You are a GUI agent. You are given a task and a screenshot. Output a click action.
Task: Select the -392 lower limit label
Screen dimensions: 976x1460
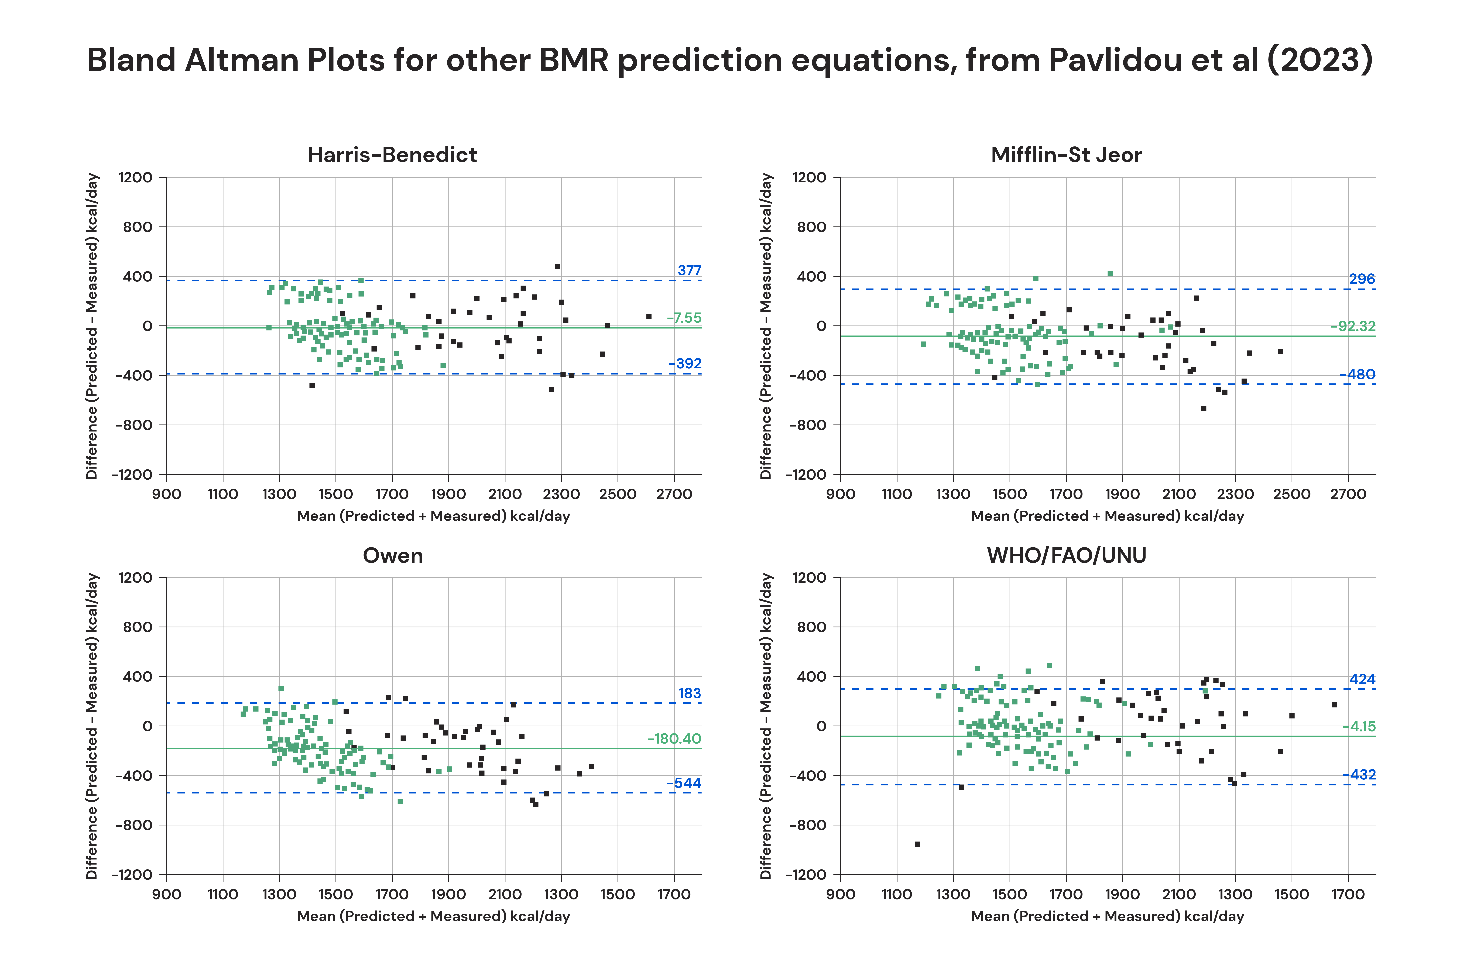685,363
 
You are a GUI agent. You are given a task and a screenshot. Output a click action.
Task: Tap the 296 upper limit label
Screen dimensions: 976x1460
1362,279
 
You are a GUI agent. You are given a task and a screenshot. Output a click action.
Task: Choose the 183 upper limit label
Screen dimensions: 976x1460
689,693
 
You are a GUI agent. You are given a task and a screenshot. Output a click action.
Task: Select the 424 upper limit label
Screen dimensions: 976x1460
1362,679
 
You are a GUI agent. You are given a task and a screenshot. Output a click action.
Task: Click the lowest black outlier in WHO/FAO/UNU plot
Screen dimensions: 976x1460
917,844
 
